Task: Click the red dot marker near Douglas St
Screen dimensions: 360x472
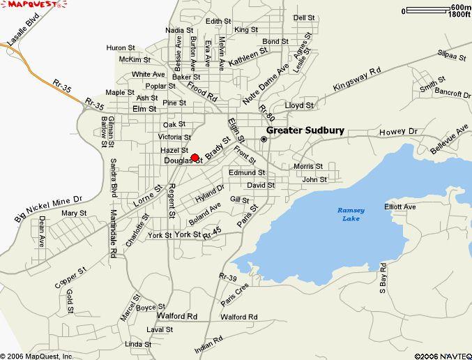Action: tap(195, 158)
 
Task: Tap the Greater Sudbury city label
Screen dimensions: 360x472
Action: tap(302, 130)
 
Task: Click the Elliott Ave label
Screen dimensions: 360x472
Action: tap(399, 207)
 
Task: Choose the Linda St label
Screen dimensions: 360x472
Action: tap(138, 344)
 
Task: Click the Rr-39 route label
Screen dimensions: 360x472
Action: tap(228, 278)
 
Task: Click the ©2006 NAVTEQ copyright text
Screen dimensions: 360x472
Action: tap(442, 354)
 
